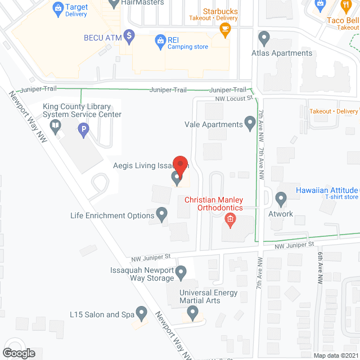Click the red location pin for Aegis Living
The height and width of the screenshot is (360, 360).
click(x=179, y=164)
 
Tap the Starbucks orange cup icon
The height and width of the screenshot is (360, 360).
click(x=225, y=30)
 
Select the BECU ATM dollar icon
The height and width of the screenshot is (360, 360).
click(x=129, y=38)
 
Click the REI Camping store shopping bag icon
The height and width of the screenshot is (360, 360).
click(x=159, y=40)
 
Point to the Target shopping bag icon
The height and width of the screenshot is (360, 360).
click(x=57, y=7)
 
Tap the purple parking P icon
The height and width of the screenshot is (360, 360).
click(x=83, y=132)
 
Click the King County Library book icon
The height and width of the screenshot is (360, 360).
click(x=55, y=128)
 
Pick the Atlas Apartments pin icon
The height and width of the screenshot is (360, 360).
click(x=263, y=38)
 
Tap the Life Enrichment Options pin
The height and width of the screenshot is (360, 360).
click(x=161, y=214)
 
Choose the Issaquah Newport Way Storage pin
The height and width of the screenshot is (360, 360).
click(x=181, y=274)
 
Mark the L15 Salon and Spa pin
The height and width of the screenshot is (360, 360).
click(x=142, y=313)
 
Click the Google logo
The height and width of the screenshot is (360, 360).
click(x=18, y=353)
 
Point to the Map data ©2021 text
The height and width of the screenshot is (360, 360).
click(x=335, y=355)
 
